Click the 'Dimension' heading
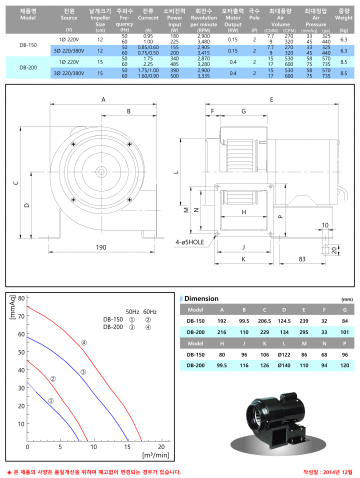coord(201,298)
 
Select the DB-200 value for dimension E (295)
coord(303,332)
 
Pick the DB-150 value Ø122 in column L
coord(284,355)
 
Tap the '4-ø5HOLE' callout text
coord(189,242)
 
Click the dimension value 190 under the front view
coord(101,247)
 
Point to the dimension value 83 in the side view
coord(302,259)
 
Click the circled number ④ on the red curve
coord(84,342)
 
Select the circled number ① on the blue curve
coord(51,400)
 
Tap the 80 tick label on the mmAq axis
coord(21,298)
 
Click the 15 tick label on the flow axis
coord(127,447)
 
